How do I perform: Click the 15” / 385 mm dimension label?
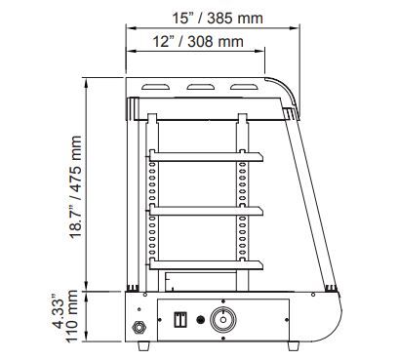click(x=218, y=19)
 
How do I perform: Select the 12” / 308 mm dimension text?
click(x=198, y=42)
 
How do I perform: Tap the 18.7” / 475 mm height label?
click(x=75, y=188)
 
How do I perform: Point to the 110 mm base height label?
click(x=72, y=316)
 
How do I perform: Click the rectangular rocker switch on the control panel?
click(x=180, y=319)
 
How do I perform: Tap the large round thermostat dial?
click(x=223, y=319)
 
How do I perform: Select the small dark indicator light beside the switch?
click(x=201, y=320)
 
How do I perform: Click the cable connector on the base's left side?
click(x=139, y=327)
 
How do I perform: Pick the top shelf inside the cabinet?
click(x=206, y=156)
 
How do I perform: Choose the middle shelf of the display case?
click(x=206, y=211)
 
